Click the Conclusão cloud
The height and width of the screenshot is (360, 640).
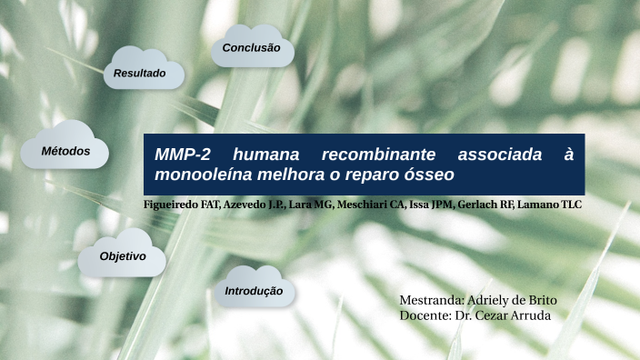click(x=252, y=47)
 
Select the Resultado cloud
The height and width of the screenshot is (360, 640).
click(x=139, y=72)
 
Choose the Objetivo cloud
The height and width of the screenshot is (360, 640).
click(x=123, y=256)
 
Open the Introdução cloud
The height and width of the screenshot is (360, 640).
click(x=254, y=291)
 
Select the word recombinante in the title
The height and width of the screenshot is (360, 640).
click(x=377, y=154)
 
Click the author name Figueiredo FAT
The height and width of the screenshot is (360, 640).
click(x=182, y=205)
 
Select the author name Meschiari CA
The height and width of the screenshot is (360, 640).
click(x=371, y=205)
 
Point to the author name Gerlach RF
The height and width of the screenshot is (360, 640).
click(x=485, y=205)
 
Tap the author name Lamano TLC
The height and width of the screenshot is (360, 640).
click(x=549, y=205)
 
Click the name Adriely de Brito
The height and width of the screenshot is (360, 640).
click(x=525, y=300)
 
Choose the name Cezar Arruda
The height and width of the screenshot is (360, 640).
click(x=518, y=315)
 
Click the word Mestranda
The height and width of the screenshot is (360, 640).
click(x=431, y=300)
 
